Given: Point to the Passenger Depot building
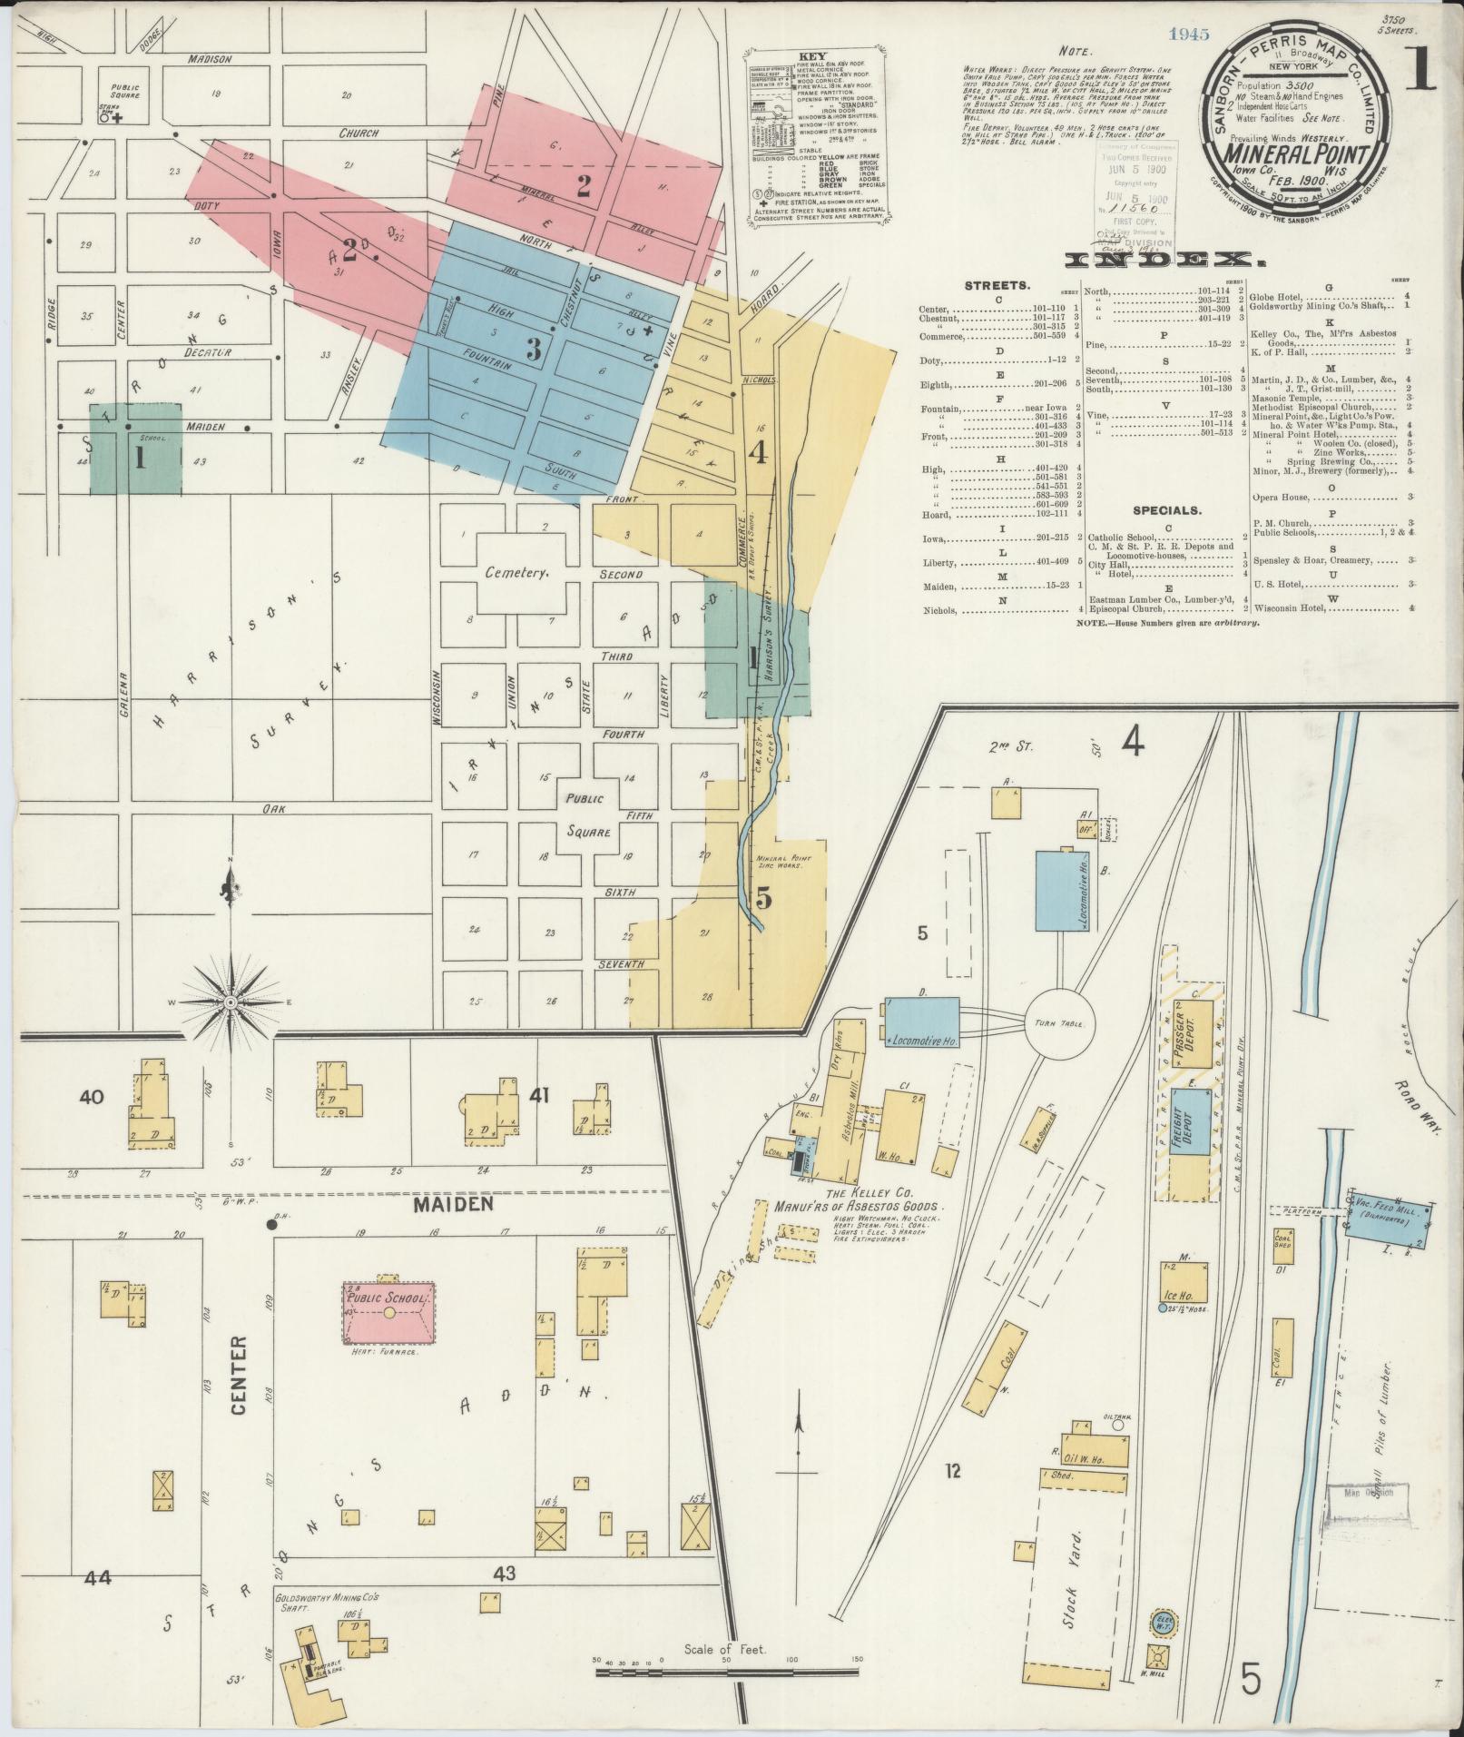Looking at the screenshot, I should coord(1183,1036).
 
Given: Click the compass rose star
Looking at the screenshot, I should coord(231,1002).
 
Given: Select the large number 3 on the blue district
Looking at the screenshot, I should coord(534,348).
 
